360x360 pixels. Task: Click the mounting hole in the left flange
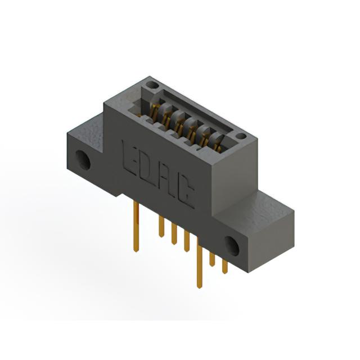[x=83, y=160]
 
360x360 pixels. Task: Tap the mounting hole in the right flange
[x=232, y=246]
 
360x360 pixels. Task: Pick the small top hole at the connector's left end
[x=152, y=85]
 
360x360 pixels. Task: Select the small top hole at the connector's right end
[x=241, y=136]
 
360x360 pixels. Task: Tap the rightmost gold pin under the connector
[x=225, y=266]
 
